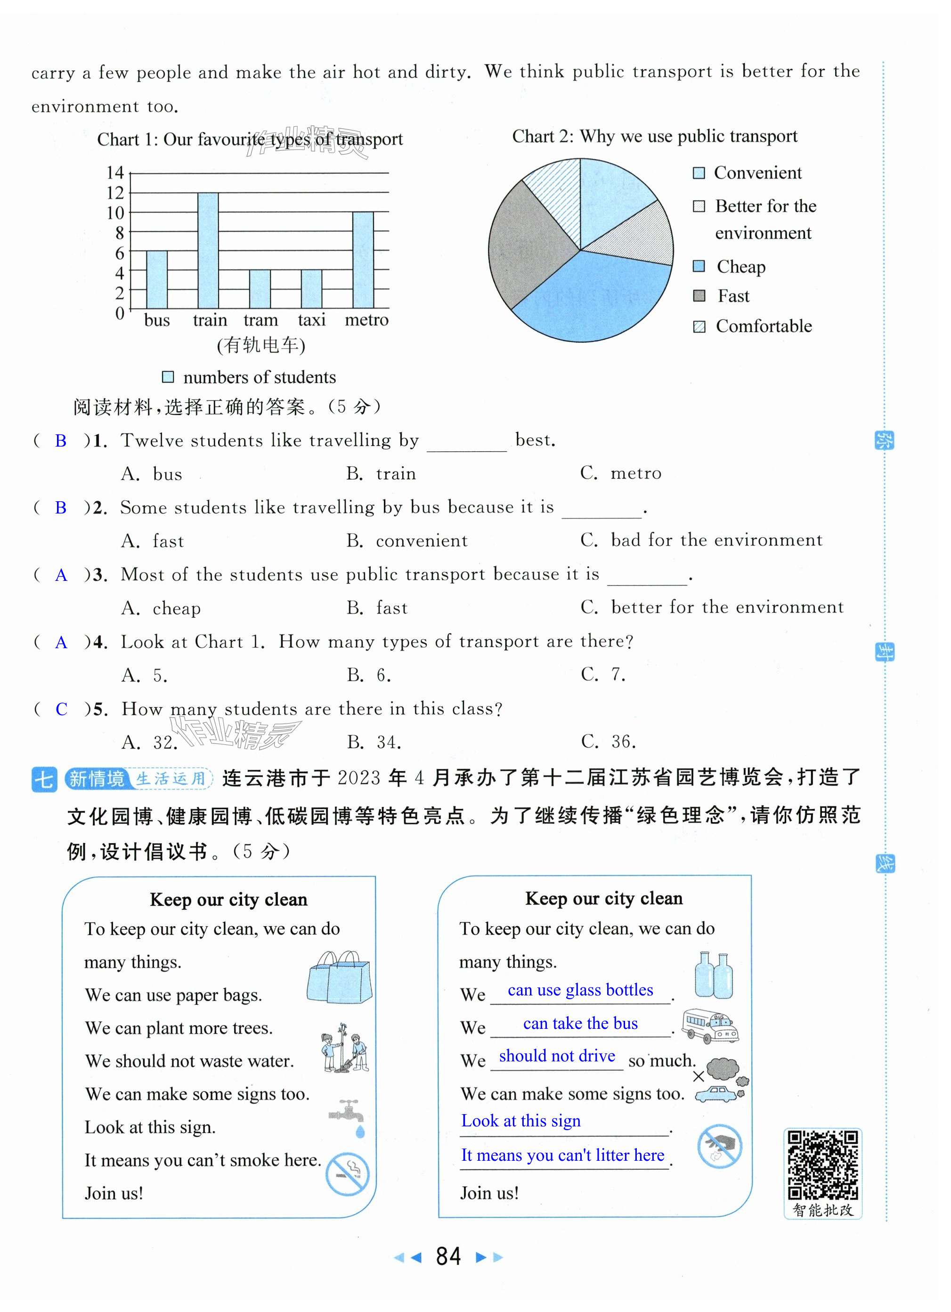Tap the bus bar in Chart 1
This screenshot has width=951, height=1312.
[x=157, y=279]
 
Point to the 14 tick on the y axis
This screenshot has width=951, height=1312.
[x=115, y=172]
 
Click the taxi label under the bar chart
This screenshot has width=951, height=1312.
[x=311, y=320]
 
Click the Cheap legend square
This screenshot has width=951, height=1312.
[x=699, y=266]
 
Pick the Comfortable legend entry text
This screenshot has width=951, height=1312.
[x=764, y=326]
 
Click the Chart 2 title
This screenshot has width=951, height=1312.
[x=654, y=137]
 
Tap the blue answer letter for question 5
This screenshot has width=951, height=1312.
[x=61, y=709]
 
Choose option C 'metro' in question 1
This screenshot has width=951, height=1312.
[x=621, y=473]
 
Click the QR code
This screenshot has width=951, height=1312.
[x=822, y=1165]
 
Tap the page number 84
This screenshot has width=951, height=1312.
[x=448, y=1256]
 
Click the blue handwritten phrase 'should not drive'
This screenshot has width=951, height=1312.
[x=556, y=1056]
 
